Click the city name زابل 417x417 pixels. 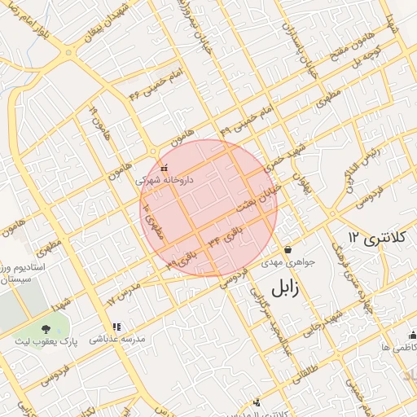(285, 288)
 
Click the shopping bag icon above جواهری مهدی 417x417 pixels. (288, 249)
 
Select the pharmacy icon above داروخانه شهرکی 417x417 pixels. (164, 168)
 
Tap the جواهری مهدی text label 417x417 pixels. (282, 263)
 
